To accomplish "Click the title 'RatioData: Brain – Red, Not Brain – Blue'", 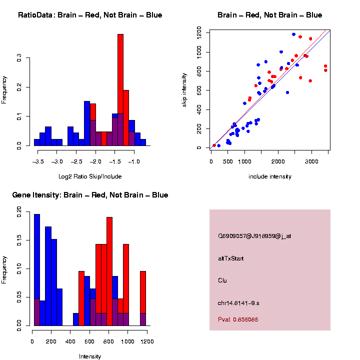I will point(90,15).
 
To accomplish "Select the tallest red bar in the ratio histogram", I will point(120,90).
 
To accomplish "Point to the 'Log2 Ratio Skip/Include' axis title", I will point(90,176).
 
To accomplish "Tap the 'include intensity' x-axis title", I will point(270,176).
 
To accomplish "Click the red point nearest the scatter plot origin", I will point(214,145).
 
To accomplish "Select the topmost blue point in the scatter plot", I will point(293,34).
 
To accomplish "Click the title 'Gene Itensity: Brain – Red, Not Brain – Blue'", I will point(90,195).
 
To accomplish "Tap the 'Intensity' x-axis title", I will point(90,356).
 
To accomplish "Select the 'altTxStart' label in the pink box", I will point(230,258).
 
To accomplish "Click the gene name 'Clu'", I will point(222,280).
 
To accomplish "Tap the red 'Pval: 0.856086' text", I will point(238,319).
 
